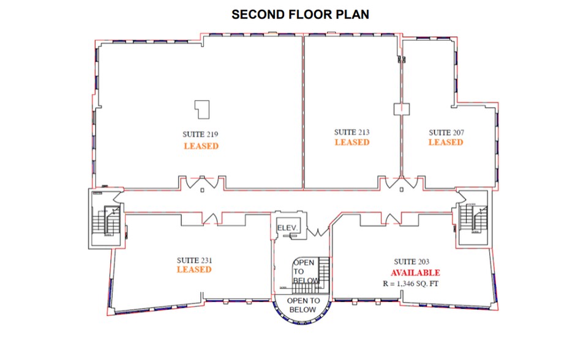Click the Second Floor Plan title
pyautogui.click(x=300, y=14)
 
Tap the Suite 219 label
pyautogui.click(x=200, y=134)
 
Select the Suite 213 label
pyautogui.click(x=351, y=132)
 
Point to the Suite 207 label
pyautogui.click(x=446, y=132)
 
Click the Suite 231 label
pyautogui.click(x=194, y=260)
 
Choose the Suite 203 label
pyautogui.click(x=412, y=261)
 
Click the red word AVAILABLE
pyautogui.click(x=415, y=272)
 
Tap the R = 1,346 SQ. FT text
pyautogui.click(x=410, y=283)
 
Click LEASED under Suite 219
pyautogui.click(x=201, y=146)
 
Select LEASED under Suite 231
pyautogui.click(x=194, y=269)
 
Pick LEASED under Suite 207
pyautogui.click(x=446, y=142)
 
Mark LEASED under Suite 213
pyautogui.click(x=351, y=142)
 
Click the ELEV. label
pyautogui.click(x=287, y=228)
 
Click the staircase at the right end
pyautogui.click(x=473, y=218)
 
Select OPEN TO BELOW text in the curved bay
pyautogui.click(x=303, y=305)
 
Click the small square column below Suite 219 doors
pyautogui.click(x=202, y=190)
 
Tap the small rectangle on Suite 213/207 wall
pyautogui.click(x=402, y=109)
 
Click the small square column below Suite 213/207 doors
pyautogui.click(x=402, y=190)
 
